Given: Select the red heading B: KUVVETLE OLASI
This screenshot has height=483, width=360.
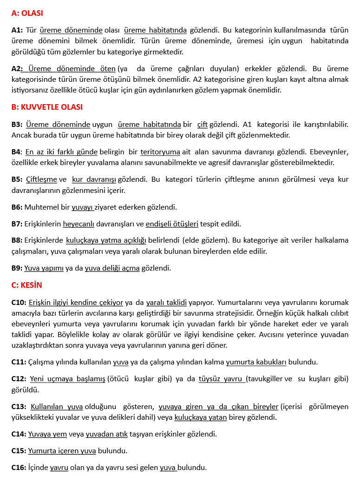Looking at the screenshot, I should coord(47,107).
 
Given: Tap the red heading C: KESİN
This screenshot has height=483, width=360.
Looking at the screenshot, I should coord(26,285).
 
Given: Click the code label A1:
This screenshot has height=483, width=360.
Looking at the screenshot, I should coord(17,30).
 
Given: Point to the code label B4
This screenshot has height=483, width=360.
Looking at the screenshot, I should coord(16,152).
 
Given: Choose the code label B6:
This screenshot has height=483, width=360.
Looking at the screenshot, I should coord(17,207).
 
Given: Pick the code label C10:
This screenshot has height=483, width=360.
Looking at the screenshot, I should coord(19,302).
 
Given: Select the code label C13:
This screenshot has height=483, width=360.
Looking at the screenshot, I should coord(19,406).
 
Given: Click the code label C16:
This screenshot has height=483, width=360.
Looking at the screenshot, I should coord(19,468).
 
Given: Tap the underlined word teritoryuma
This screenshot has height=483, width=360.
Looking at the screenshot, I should coord(160,152).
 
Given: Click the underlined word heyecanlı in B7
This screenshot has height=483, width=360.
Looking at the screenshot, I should coord(79,224).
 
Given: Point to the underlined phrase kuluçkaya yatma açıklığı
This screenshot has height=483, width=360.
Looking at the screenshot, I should coord(106,240).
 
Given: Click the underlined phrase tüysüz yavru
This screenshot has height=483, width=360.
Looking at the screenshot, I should coord(221,379).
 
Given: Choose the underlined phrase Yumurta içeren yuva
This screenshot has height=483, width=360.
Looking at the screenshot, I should coord(62,451).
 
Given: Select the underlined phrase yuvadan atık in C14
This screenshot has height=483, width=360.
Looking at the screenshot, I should coord(106,434).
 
